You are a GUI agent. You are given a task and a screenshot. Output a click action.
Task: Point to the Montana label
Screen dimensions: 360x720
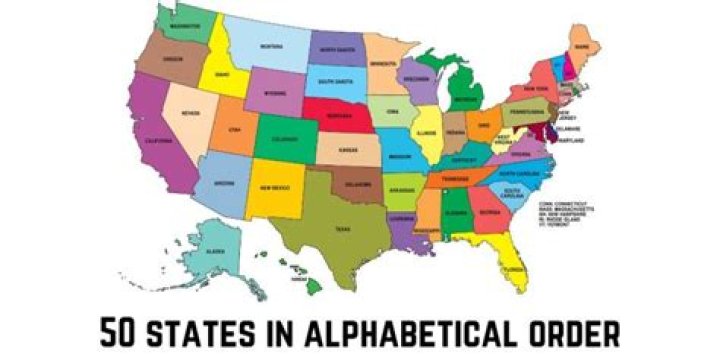(271, 47)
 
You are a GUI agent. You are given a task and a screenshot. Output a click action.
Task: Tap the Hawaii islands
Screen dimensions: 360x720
(298, 279)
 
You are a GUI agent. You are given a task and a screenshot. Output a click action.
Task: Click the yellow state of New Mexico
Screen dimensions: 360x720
(275, 187)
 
